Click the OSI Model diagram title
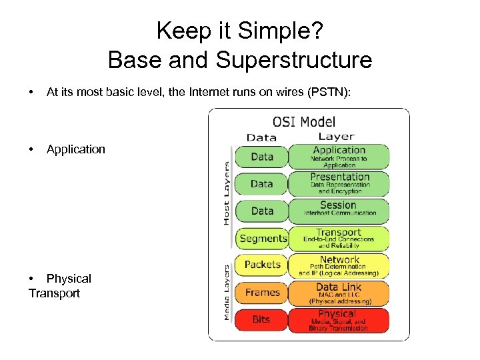tap(303, 122)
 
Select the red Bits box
tap(262, 320)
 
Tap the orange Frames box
tap(262, 292)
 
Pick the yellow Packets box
tap(262, 265)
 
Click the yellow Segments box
tap(263, 238)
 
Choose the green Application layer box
tap(339, 157)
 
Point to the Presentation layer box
tap(339, 183)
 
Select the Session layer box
tap(339, 210)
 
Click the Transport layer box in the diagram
tap(339, 238)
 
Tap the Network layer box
tap(339, 265)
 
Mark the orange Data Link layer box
tap(339, 293)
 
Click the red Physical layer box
tap(338, 320)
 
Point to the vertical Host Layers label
tap(227, 193)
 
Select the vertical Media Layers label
tap(227, 292)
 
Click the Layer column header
tap(337, 137)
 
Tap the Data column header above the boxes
tap(261, 137)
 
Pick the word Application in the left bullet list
tap(76, 149)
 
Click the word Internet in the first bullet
tap(194, 93)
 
